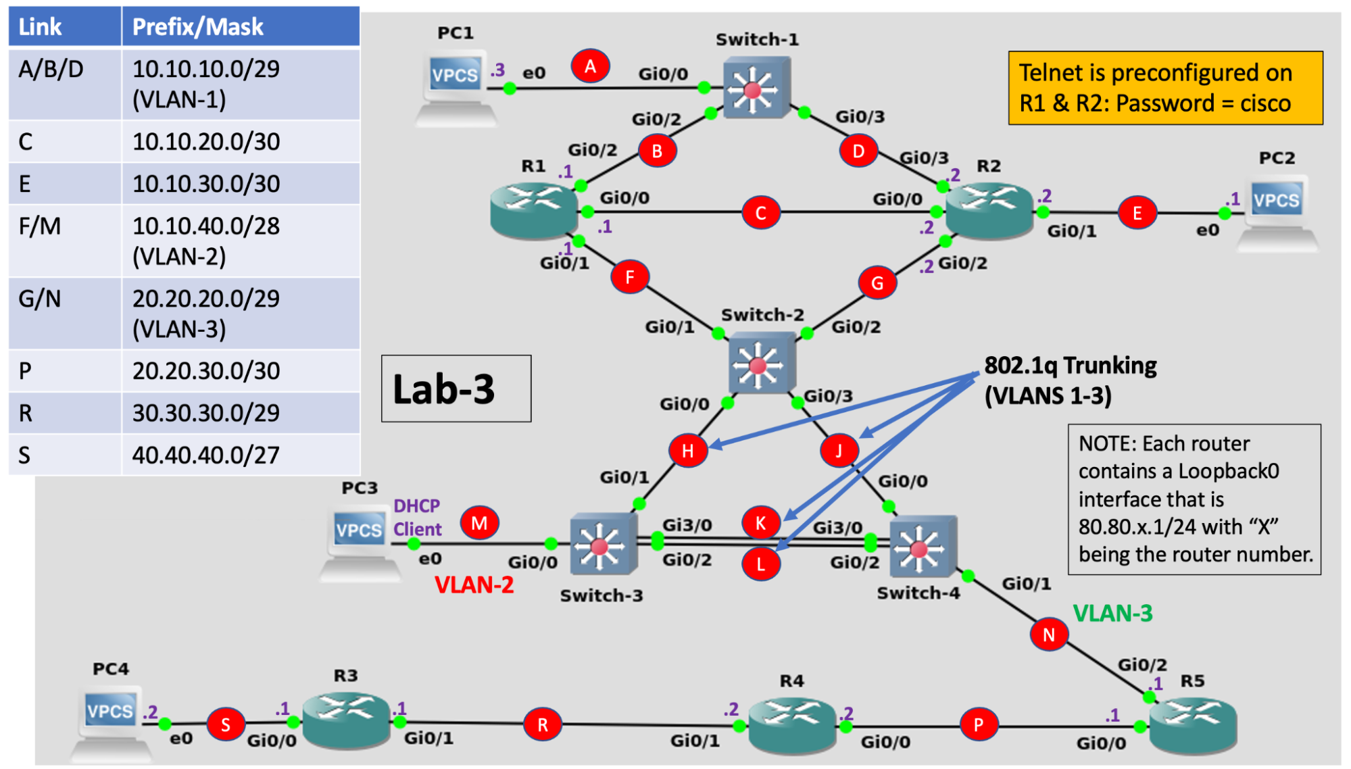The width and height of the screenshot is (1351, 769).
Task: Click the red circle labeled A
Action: pyautogui.click(x=590, y=66)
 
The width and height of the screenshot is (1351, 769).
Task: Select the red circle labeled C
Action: pyautogui.click(x=760, y=213)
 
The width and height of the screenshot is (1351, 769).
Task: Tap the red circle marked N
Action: pyautogui.click(x=1048, y=635)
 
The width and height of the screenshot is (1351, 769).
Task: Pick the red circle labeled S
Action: pyautogui.click(x=225, y=725)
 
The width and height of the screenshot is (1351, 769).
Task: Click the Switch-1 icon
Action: pyautogui.click(x=756, y=88)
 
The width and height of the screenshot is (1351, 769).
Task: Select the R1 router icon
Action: pyautogui.click(x=534, y=210)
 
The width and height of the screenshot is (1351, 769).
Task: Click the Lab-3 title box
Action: pyautogui.click(x=456, y=389)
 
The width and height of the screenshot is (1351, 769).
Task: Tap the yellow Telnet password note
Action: pyautogui.click(x=1165, y=88)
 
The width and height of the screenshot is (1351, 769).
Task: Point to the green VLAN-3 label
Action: pyautogui.click(x=1112, y=613)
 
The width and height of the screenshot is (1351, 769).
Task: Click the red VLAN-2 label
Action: pyautogui.click(x=474, y=585)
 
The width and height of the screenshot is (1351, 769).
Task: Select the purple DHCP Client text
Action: pyautogui.click(x=417, y=518)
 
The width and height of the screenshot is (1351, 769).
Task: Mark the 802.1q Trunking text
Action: pyautogui.click(x=1070, y=380)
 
